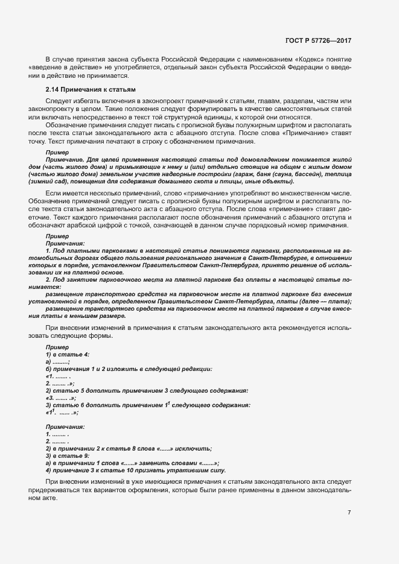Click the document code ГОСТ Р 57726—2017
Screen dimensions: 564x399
(x=318, y=41)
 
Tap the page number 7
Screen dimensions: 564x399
(x=349, y=512)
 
